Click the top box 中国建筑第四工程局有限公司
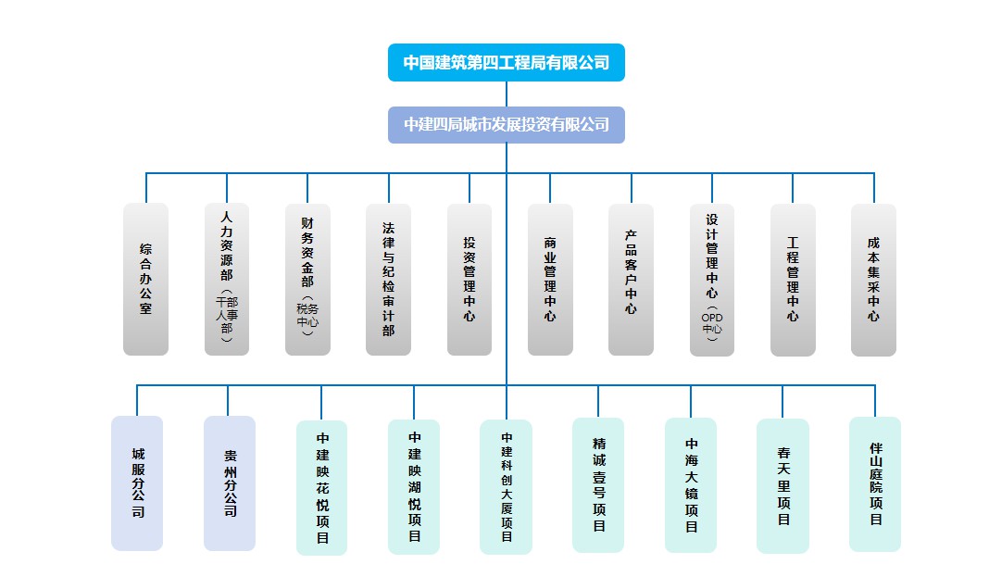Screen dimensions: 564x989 506,63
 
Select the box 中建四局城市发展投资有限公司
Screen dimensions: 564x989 506,125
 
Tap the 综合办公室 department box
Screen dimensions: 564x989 145,279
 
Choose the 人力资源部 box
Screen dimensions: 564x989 227,279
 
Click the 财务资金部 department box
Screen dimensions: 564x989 307,279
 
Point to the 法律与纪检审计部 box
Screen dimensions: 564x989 388,279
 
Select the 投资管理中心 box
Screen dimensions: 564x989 469,279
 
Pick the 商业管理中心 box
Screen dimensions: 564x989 550,279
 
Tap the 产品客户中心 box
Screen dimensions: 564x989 631,279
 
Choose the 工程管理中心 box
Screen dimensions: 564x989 793,279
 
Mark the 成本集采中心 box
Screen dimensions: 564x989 873,279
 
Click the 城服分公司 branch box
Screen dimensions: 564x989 137,483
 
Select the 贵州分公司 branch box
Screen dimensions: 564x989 230,483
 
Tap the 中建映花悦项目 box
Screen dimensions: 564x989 322,487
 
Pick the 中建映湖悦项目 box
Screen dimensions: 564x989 414,487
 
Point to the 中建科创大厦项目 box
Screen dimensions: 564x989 507,487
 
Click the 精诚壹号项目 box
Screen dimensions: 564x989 598,485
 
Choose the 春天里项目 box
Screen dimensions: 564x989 782,486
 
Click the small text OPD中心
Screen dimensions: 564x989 712,324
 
